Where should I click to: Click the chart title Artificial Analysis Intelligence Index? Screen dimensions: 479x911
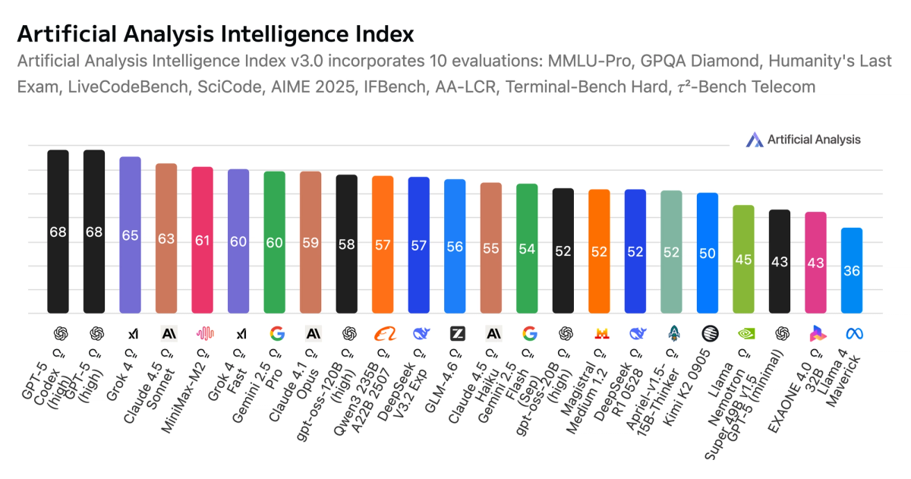pyautogui.click(x=216, y=34)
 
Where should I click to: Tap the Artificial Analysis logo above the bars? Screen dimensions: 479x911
pyautogui.click(x=803, y=139)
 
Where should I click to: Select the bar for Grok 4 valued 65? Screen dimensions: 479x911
pyautogui.click(x=131, y=235)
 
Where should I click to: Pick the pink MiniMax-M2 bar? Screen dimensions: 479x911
pyautogui.click(x=202, y=240)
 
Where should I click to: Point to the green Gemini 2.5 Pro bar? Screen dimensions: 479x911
pyautogui.click(x=274, y=242)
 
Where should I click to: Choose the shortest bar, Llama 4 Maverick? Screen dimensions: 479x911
pyautogui.click(x=852, y=270)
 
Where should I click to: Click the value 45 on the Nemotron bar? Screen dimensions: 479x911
pyautogui.click(x=743, y=260)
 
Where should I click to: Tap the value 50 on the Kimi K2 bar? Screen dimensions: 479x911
pyautogui.click(x=708, y=253)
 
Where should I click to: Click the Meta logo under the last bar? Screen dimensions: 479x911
pyautogui.click(x=852, y=332)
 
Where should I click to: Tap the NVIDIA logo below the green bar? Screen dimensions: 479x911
pyautogui.click(x=743, y=332)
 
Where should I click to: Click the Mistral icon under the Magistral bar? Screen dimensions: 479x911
pyautogui.click(x=600, y=332)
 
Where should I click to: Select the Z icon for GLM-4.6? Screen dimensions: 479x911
pyautogui.click(x=457, y=332)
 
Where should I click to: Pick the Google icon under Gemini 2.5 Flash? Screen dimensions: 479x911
pyautogui.click(x=529, y=332)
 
